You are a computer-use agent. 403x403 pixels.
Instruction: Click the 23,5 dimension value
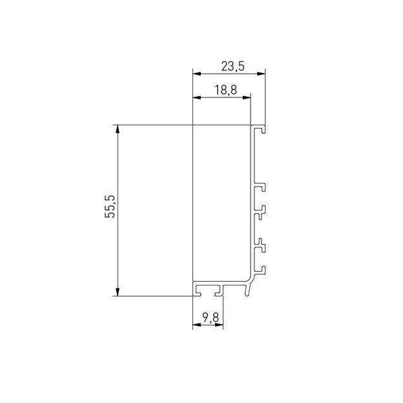click(232, 67)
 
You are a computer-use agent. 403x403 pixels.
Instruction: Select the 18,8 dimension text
click(225, 90)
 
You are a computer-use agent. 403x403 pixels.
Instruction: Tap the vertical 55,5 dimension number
click(110, 207)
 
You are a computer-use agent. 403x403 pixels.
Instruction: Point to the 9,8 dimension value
click(211, 318)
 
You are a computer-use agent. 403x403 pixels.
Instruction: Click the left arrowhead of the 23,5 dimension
click(196, 74)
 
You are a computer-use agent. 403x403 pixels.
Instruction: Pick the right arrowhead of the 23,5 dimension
click(261, 74)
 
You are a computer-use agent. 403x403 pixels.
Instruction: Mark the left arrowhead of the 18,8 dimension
click(196, 98)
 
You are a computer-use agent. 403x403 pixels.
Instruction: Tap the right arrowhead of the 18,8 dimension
click(247, 98)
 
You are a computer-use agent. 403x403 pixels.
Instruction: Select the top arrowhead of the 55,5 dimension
click(118, 129)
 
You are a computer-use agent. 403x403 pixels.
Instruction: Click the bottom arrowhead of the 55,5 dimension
click(118, 292)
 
